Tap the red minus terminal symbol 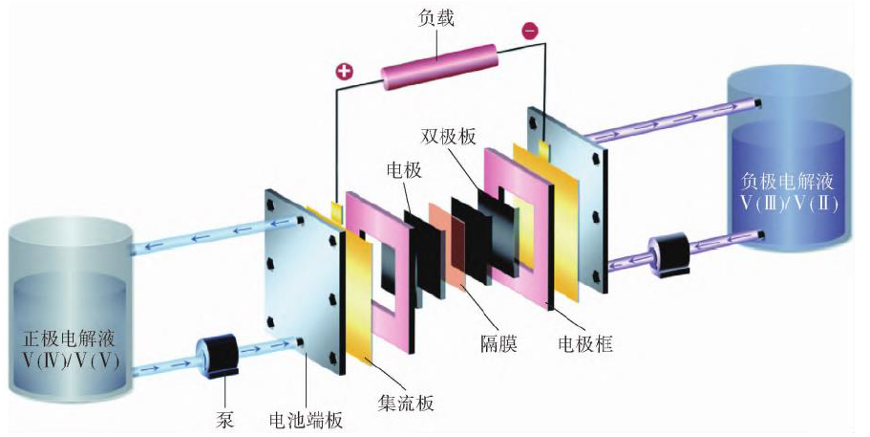click(530, 32)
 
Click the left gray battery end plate click(296, 287)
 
